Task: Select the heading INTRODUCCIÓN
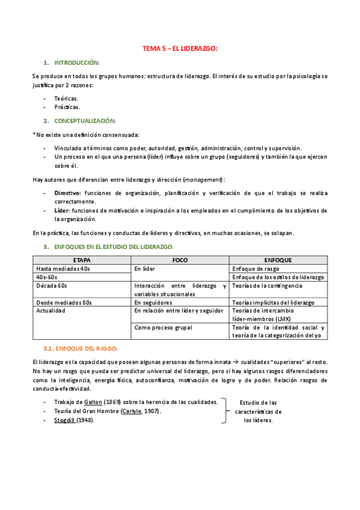[x=77, y=63]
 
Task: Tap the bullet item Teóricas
[x=66, y=97]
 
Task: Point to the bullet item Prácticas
[x=67, y=106]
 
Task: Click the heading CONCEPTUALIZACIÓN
[x=85, y=120]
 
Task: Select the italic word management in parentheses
[x=203, y=179]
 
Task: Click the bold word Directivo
[x=67, y=192]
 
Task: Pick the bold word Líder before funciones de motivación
[x=62, y=210]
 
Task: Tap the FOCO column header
[x=180, y=260]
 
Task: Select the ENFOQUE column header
[x=278, y=260]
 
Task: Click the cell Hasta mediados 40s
[x=63, y=268]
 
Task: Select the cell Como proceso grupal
[x=162, y=327]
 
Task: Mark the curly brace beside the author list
[x=225, y=411]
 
